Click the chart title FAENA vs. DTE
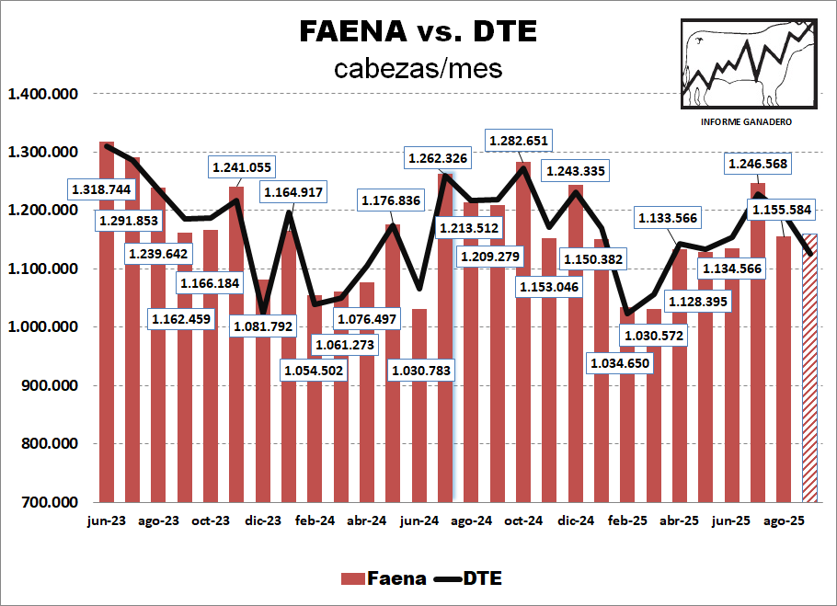click(418, 30)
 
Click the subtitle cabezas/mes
click(418, 69)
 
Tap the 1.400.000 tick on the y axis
click(43, 94)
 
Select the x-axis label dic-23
click(262, 520)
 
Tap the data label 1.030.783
click(421, 370)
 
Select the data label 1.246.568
click(758, 165)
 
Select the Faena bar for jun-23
click(107, 322)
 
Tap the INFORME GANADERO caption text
click(747, 122)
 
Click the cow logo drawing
click(747, 63)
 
